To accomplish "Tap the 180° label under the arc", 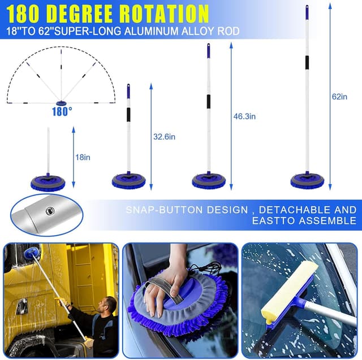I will (62, 111).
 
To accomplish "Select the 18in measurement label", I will (83, 157).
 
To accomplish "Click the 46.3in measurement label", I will (244, 116).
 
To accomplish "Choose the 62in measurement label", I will (339, 97).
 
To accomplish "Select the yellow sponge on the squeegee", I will (285, 302).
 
